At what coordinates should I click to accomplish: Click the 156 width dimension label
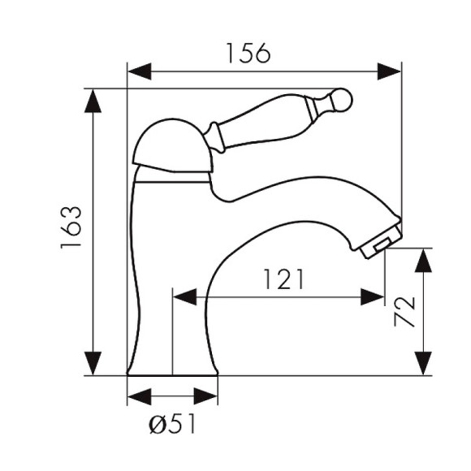(248, 53)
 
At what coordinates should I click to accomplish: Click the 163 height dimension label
(71, 227)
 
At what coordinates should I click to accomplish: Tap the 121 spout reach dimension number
(283, 279)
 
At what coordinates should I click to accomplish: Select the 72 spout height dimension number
(404, 312)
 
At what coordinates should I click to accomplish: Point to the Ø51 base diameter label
(172, 424)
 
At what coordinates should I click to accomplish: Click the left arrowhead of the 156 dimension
(140, 71)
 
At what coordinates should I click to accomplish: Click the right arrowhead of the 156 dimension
(389, 71)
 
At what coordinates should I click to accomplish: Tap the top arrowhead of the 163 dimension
(93, 101)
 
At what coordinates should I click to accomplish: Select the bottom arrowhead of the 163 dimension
(93, 364)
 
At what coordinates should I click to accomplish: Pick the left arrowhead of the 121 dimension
(185, 296)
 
